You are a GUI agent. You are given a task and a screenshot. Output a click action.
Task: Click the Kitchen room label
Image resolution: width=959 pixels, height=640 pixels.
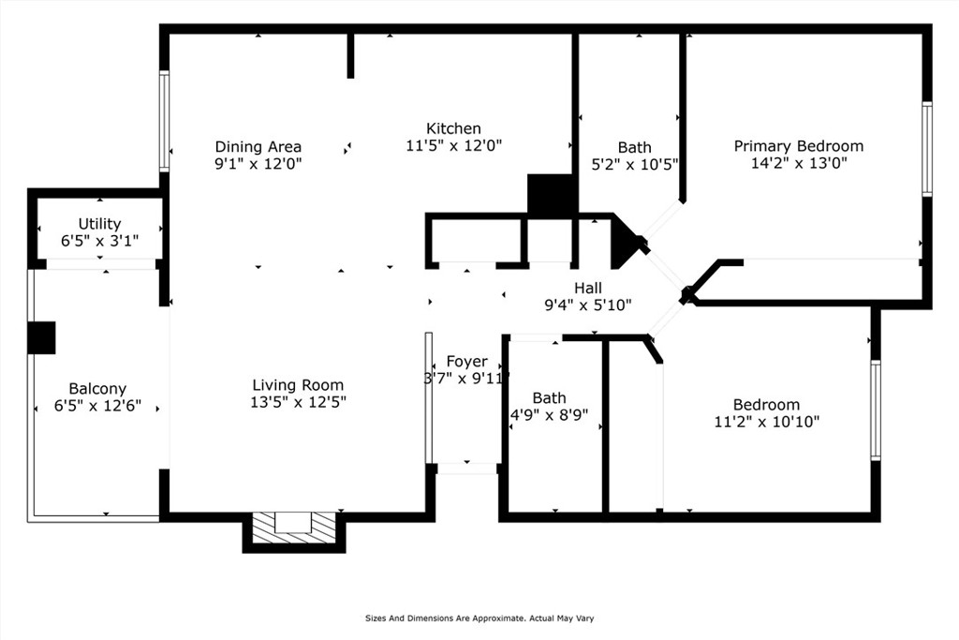pos(453,128)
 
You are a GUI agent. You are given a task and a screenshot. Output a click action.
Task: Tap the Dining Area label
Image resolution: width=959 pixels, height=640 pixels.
pos(258,147)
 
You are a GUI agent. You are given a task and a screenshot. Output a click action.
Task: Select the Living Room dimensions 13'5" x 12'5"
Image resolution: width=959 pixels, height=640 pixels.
pos(298,402)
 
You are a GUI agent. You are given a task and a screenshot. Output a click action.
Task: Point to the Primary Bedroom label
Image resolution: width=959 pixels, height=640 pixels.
pos(799,146)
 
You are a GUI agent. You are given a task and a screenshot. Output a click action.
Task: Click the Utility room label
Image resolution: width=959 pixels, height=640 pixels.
pos(99,224)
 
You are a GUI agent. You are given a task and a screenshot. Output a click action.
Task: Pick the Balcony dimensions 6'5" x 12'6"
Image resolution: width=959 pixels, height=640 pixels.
pos(97,405)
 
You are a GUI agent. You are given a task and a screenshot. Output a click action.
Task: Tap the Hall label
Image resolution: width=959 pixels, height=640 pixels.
pos(588,288)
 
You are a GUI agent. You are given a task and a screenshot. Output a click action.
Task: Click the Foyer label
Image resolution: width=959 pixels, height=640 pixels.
pos(466,362)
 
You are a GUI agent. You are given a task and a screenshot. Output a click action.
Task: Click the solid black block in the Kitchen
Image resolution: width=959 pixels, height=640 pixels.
pos(551,195)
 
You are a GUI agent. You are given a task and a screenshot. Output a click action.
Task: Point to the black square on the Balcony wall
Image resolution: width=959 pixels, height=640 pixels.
pos(41,337)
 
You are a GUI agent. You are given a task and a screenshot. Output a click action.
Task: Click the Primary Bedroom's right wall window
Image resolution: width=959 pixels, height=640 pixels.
pos(927,149)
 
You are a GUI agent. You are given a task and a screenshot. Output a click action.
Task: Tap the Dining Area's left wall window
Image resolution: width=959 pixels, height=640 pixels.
pos(164,121)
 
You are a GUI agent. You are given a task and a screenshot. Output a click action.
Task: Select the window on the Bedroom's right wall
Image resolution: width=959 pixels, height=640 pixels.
pos(876,409)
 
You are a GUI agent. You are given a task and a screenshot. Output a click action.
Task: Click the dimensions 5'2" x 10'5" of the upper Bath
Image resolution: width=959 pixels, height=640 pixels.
pos(634,165)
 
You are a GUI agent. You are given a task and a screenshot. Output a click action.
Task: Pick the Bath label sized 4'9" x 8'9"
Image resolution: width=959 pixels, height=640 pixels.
pos(549,398)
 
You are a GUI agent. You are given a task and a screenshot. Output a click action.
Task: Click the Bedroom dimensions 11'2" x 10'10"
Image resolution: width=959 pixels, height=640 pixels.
pos(767,422)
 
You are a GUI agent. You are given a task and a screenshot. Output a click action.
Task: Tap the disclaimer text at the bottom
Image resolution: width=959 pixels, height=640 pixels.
pos(479,618)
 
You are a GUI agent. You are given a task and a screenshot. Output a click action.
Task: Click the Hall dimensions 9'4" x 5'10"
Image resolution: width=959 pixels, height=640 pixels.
pos(588,305)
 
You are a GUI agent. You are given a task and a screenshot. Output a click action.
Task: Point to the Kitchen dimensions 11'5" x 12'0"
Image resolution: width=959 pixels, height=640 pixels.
pos(454,145)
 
